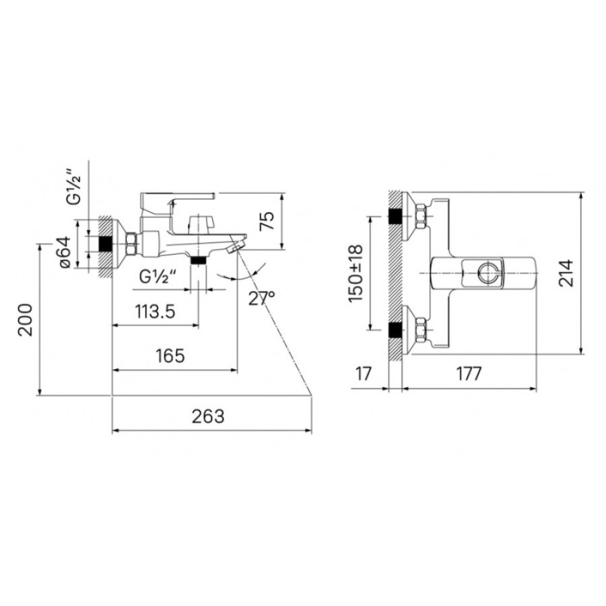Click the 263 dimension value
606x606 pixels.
click(208, 416)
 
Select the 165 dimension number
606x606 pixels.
click(170, 356)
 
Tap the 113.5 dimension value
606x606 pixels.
click(155, 312)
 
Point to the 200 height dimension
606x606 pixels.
click(26, 320)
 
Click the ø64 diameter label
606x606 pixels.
click(64, 252)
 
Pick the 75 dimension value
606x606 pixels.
click(267, 221)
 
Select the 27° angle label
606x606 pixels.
click(261, 298)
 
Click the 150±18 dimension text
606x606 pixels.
click(356, 273)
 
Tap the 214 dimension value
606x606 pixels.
click(566, 273)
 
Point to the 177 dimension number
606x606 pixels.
click(469, 374)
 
